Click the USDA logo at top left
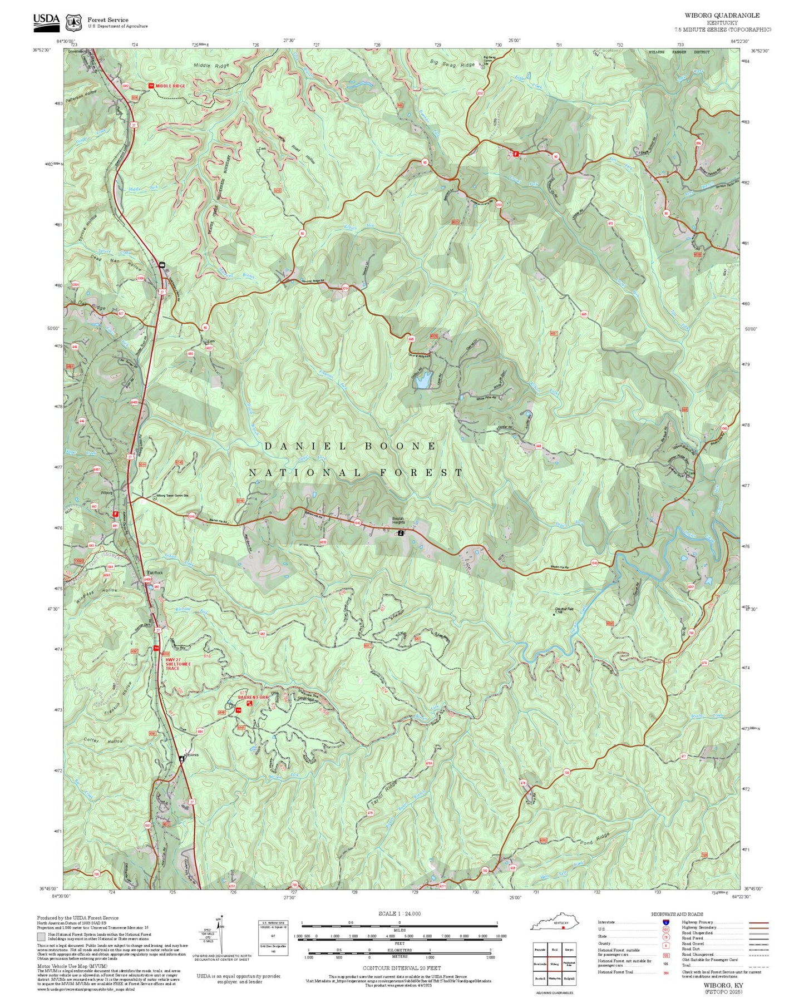click(x=46, y=21)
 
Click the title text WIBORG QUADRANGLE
click(x=722, y=16)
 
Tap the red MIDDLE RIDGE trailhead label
click(x=170, y=86)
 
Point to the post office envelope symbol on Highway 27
click(x=162, y=265)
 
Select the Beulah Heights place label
click(x=398, y=521)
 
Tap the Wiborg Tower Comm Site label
click(x=172, y=496)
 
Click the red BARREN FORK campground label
click(x=253, y=697)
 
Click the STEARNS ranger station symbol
click(x=181, y=758)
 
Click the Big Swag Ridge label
click(x=452, y=65)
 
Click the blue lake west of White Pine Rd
click(x=423, y=381)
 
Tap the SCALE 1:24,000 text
click(x=399, y=913)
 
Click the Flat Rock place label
click(x=154, y=572)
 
